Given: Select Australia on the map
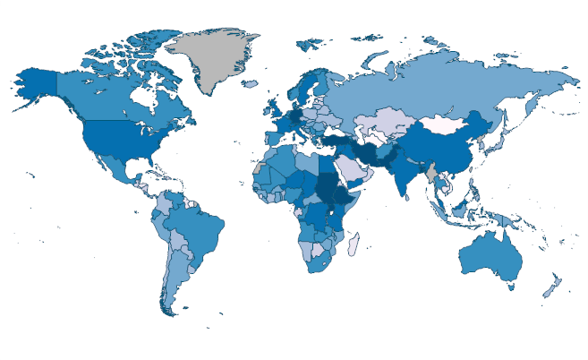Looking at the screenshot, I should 488,255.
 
